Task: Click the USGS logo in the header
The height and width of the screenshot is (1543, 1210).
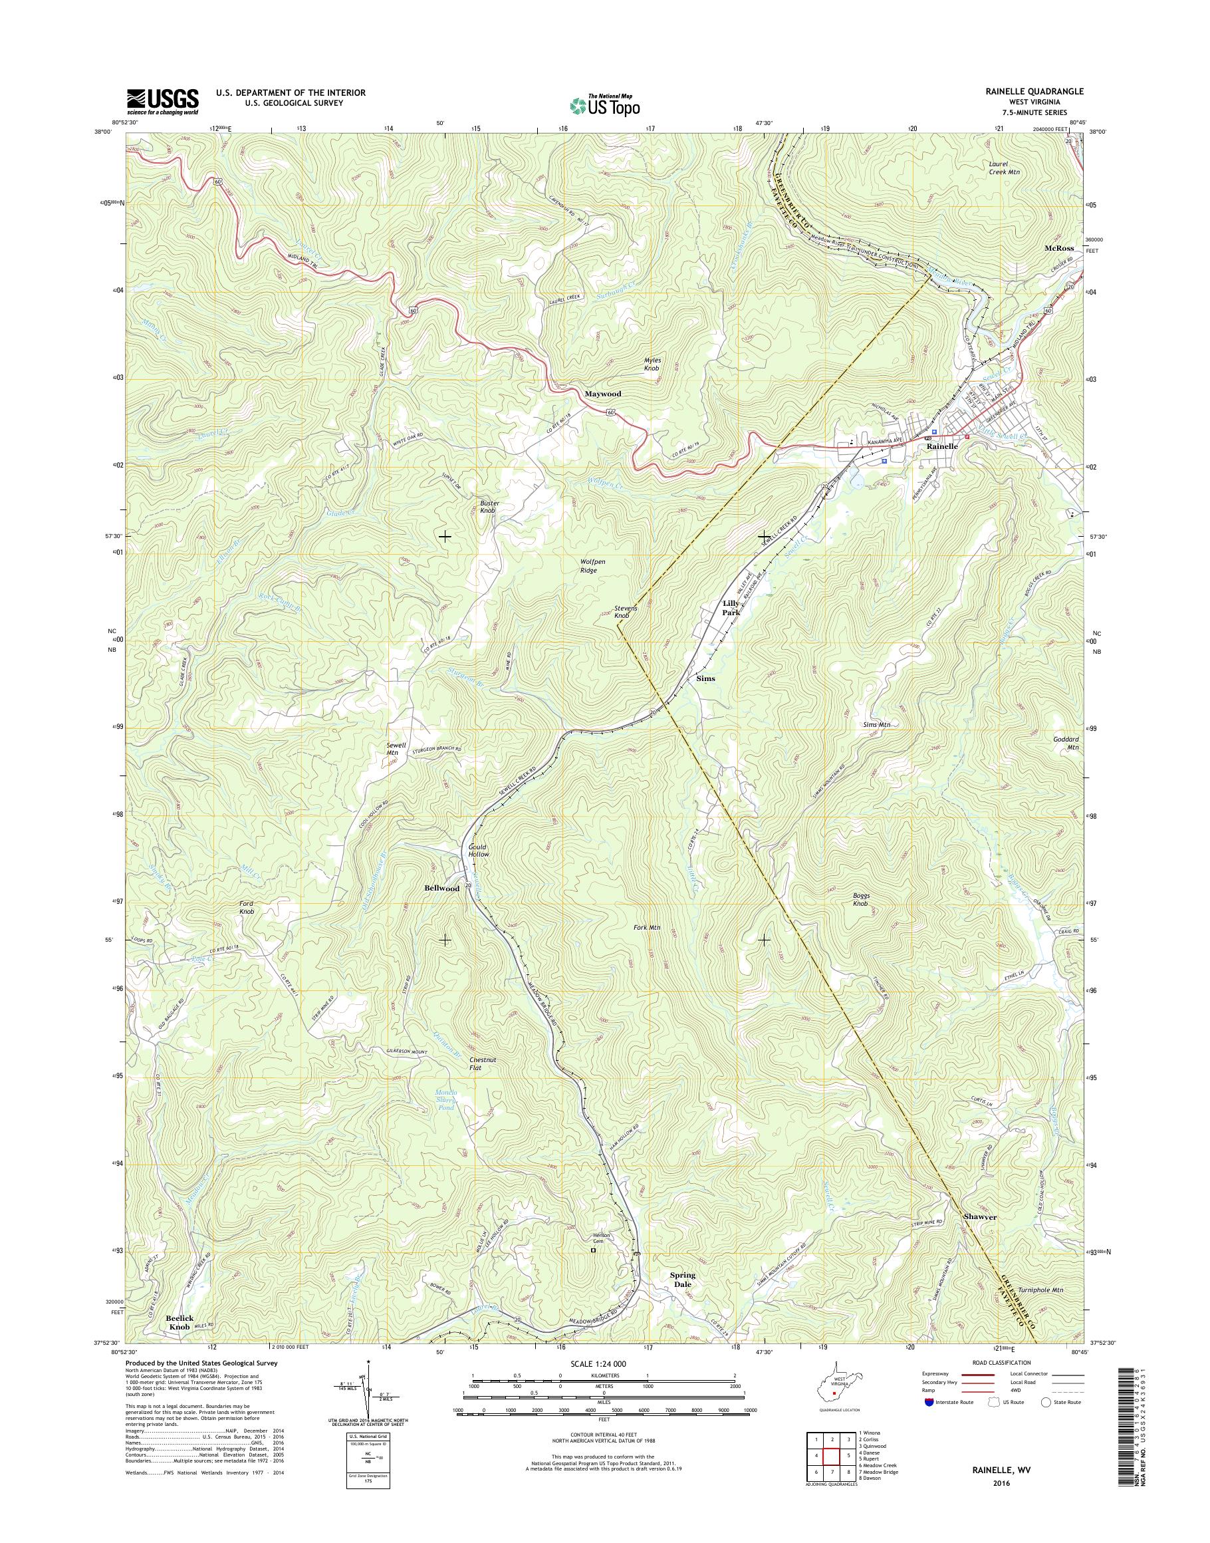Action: coord(162,101)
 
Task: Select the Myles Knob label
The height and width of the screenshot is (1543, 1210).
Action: coord(652,364)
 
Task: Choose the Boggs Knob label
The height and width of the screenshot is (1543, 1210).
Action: coord(860,900)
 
